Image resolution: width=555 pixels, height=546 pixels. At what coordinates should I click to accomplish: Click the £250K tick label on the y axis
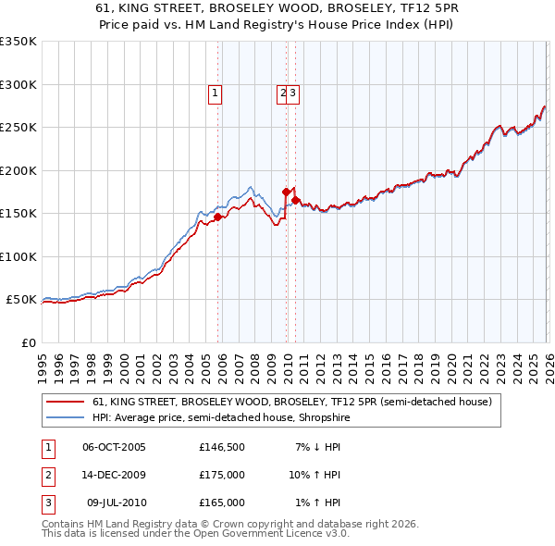(x=18, y=128)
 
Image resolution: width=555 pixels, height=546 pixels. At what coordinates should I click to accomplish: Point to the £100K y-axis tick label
(x=18, y=256)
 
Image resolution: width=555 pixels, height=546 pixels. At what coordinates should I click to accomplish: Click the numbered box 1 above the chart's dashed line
(x=215, y=93)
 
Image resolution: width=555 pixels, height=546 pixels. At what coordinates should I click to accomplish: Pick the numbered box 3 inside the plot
(x=292, y=93)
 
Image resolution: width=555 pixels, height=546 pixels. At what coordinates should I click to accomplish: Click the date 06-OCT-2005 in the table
(x=114, y=447)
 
